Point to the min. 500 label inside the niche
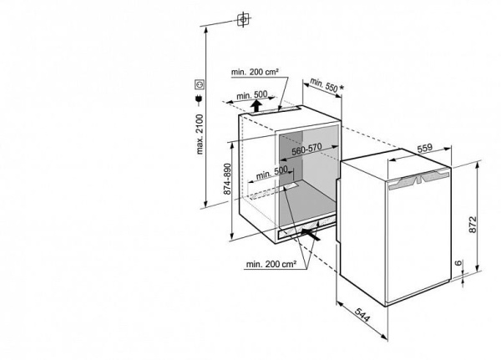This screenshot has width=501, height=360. tap(272, 174)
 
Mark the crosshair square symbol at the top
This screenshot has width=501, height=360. tap(243, 18)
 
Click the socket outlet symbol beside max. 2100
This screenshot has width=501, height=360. tap(200, 84)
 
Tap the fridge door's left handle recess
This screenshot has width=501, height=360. tap(406, 181)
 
